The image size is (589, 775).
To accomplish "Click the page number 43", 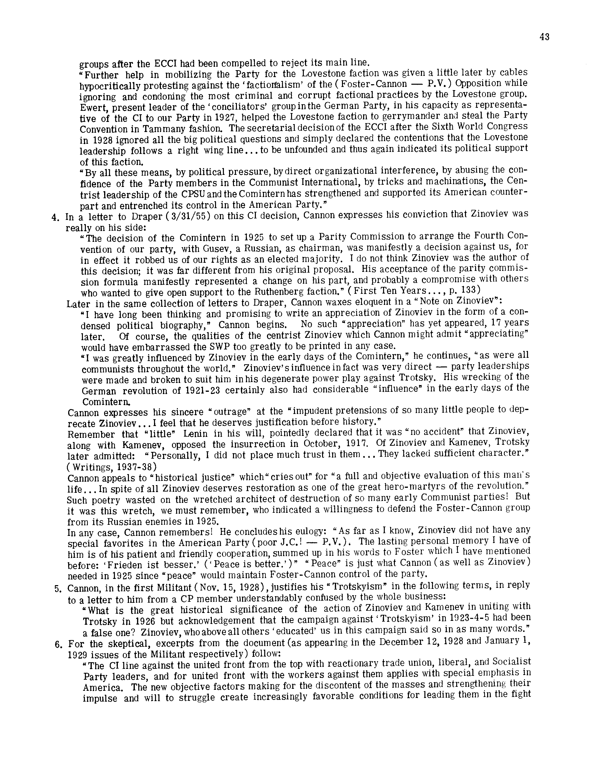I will click(544, 37).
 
